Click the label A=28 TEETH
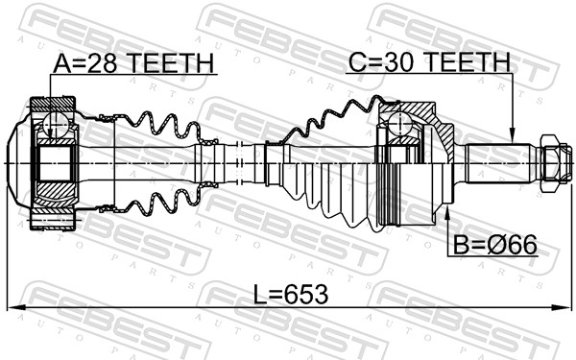pos(133,63)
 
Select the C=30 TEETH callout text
pos(428,62)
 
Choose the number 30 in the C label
pos(396,62)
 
